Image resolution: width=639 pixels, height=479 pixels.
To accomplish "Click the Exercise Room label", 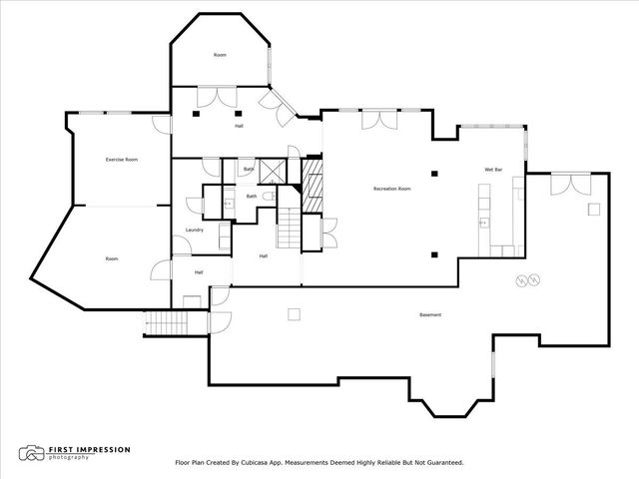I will pyautogui.click(x=122, y=160).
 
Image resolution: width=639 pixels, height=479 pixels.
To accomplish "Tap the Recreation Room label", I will pyautogui.click(x=392, y=188).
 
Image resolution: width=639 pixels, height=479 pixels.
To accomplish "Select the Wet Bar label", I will pyautogui.click(x=492, y=170).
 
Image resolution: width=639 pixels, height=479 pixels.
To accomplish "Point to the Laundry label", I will pyautogui.click(x=195, y=230).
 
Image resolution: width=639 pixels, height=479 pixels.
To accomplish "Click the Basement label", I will pyautogui.click(x=430, y=315).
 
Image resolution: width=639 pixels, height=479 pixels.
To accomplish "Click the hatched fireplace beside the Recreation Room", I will pyautogui.click(x=313, y=190).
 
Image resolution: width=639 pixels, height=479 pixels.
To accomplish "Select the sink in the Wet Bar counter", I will pyautogui.click(x=483, y=221).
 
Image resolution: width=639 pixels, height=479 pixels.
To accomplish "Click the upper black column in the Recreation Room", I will pyautogui.click(x=434, y=173).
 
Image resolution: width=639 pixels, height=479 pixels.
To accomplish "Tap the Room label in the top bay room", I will pyautogui.click(x=220, y=55).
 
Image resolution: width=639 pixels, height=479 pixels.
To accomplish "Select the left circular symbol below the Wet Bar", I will pyautogui.click(x=519, y=280).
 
